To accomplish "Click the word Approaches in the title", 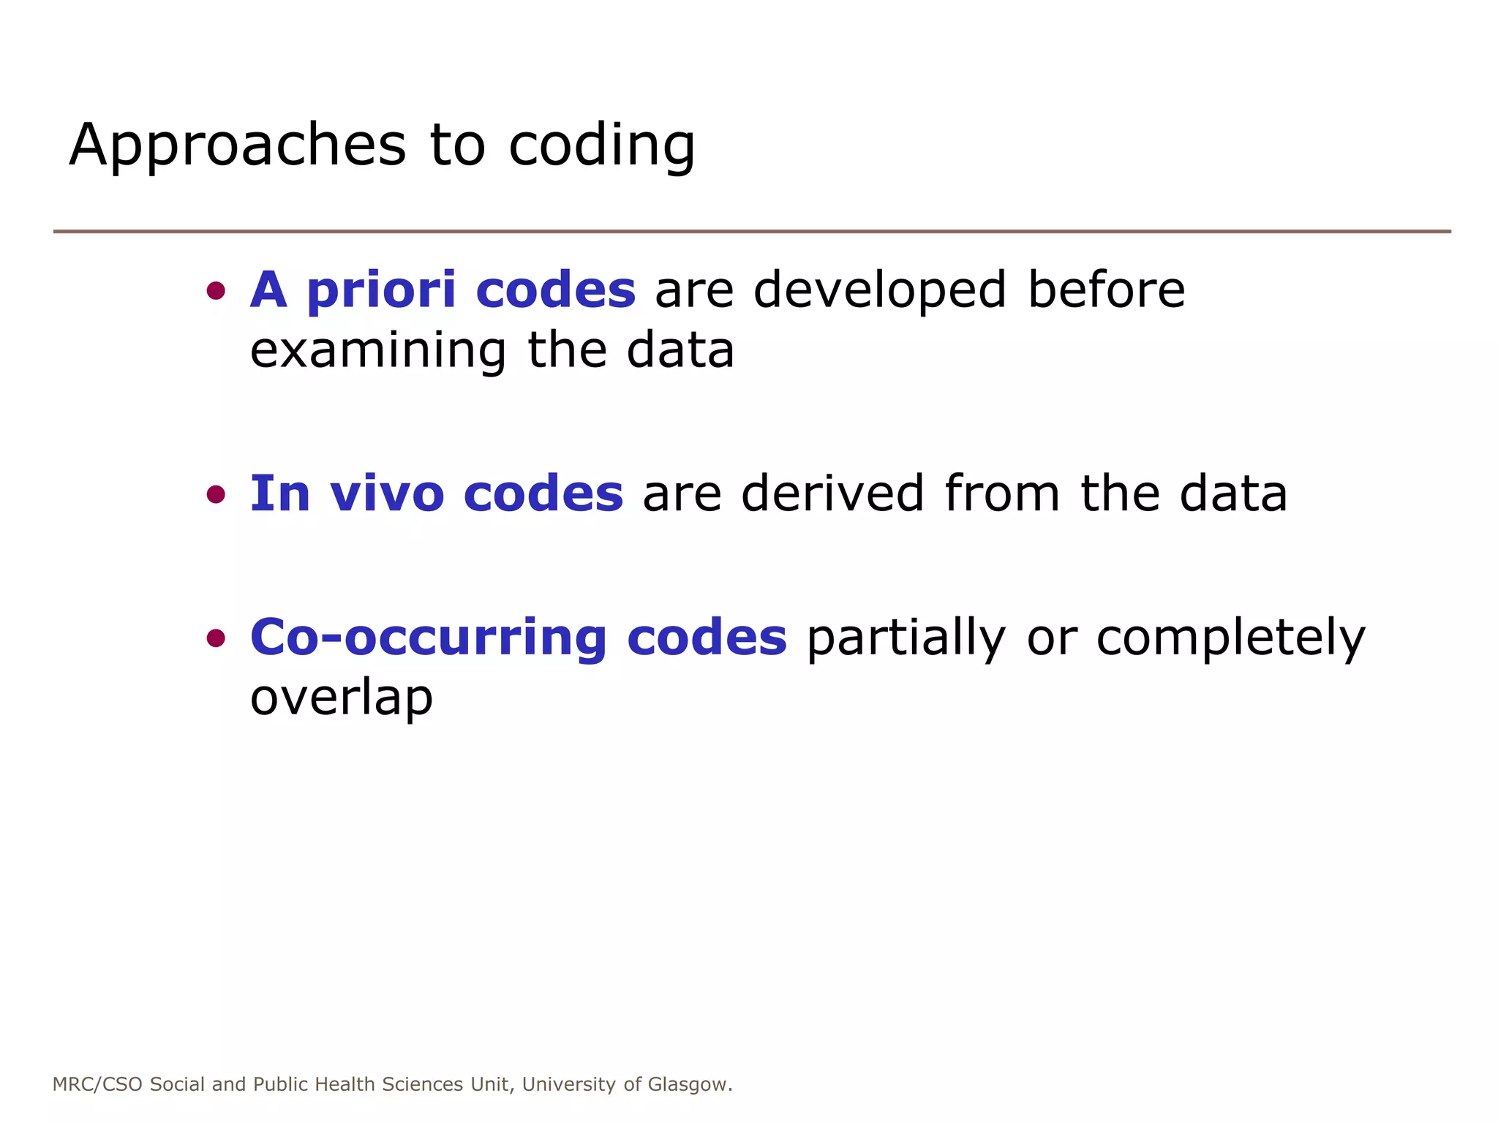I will [237, 145].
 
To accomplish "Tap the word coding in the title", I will [601, 145].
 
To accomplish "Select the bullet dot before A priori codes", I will [216, 292].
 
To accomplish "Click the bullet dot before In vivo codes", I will [216, 495].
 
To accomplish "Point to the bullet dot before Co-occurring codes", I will [216, 639].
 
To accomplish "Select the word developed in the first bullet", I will [880, 290].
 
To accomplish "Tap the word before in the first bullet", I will [1106, 290].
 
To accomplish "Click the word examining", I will [377, 351].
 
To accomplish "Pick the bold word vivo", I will [387, 494].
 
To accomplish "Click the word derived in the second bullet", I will [832, 494].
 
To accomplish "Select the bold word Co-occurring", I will [428, 638].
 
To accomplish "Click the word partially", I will [906, 639].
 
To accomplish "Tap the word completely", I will [1230, 639].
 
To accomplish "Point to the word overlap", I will [342, 699].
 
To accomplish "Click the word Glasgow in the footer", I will [688, 1084].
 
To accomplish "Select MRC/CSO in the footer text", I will [97, 1084].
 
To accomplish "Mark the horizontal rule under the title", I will [752, 232].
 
